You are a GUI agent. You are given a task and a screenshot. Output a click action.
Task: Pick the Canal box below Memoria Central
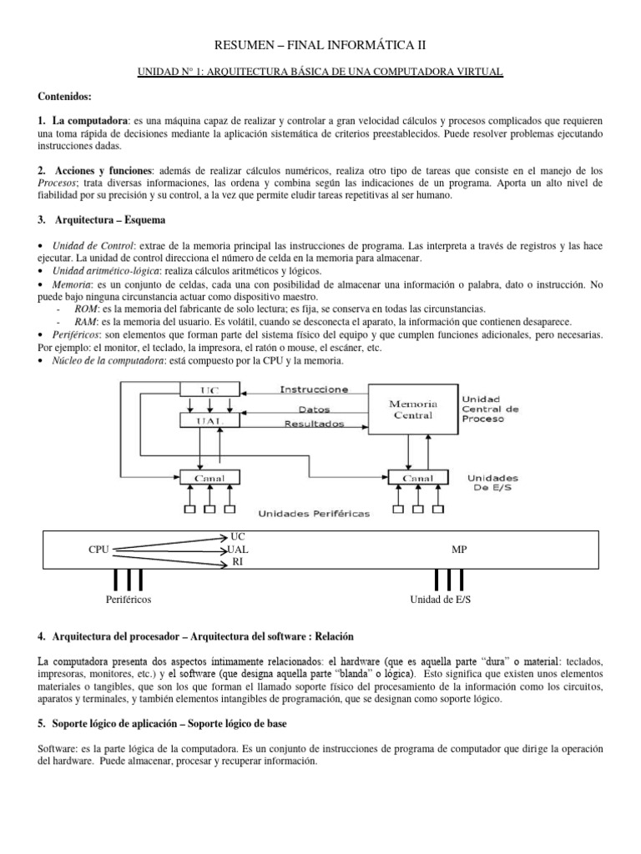pos(417,478)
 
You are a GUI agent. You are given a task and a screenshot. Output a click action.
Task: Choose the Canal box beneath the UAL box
pos(209,478)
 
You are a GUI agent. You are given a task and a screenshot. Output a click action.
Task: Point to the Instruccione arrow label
pos(314,389)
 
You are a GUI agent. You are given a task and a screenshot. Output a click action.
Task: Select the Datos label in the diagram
pos(314,410)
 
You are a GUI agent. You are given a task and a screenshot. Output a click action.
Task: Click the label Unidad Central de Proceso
pos(491,409)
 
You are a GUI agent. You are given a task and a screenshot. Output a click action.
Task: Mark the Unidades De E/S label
pos(492,484)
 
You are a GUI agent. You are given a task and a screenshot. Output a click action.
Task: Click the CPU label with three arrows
pos(98,550)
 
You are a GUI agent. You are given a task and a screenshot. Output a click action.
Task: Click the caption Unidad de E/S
pos(441,600)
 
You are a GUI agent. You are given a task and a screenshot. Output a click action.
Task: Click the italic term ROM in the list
pos(86,309)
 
